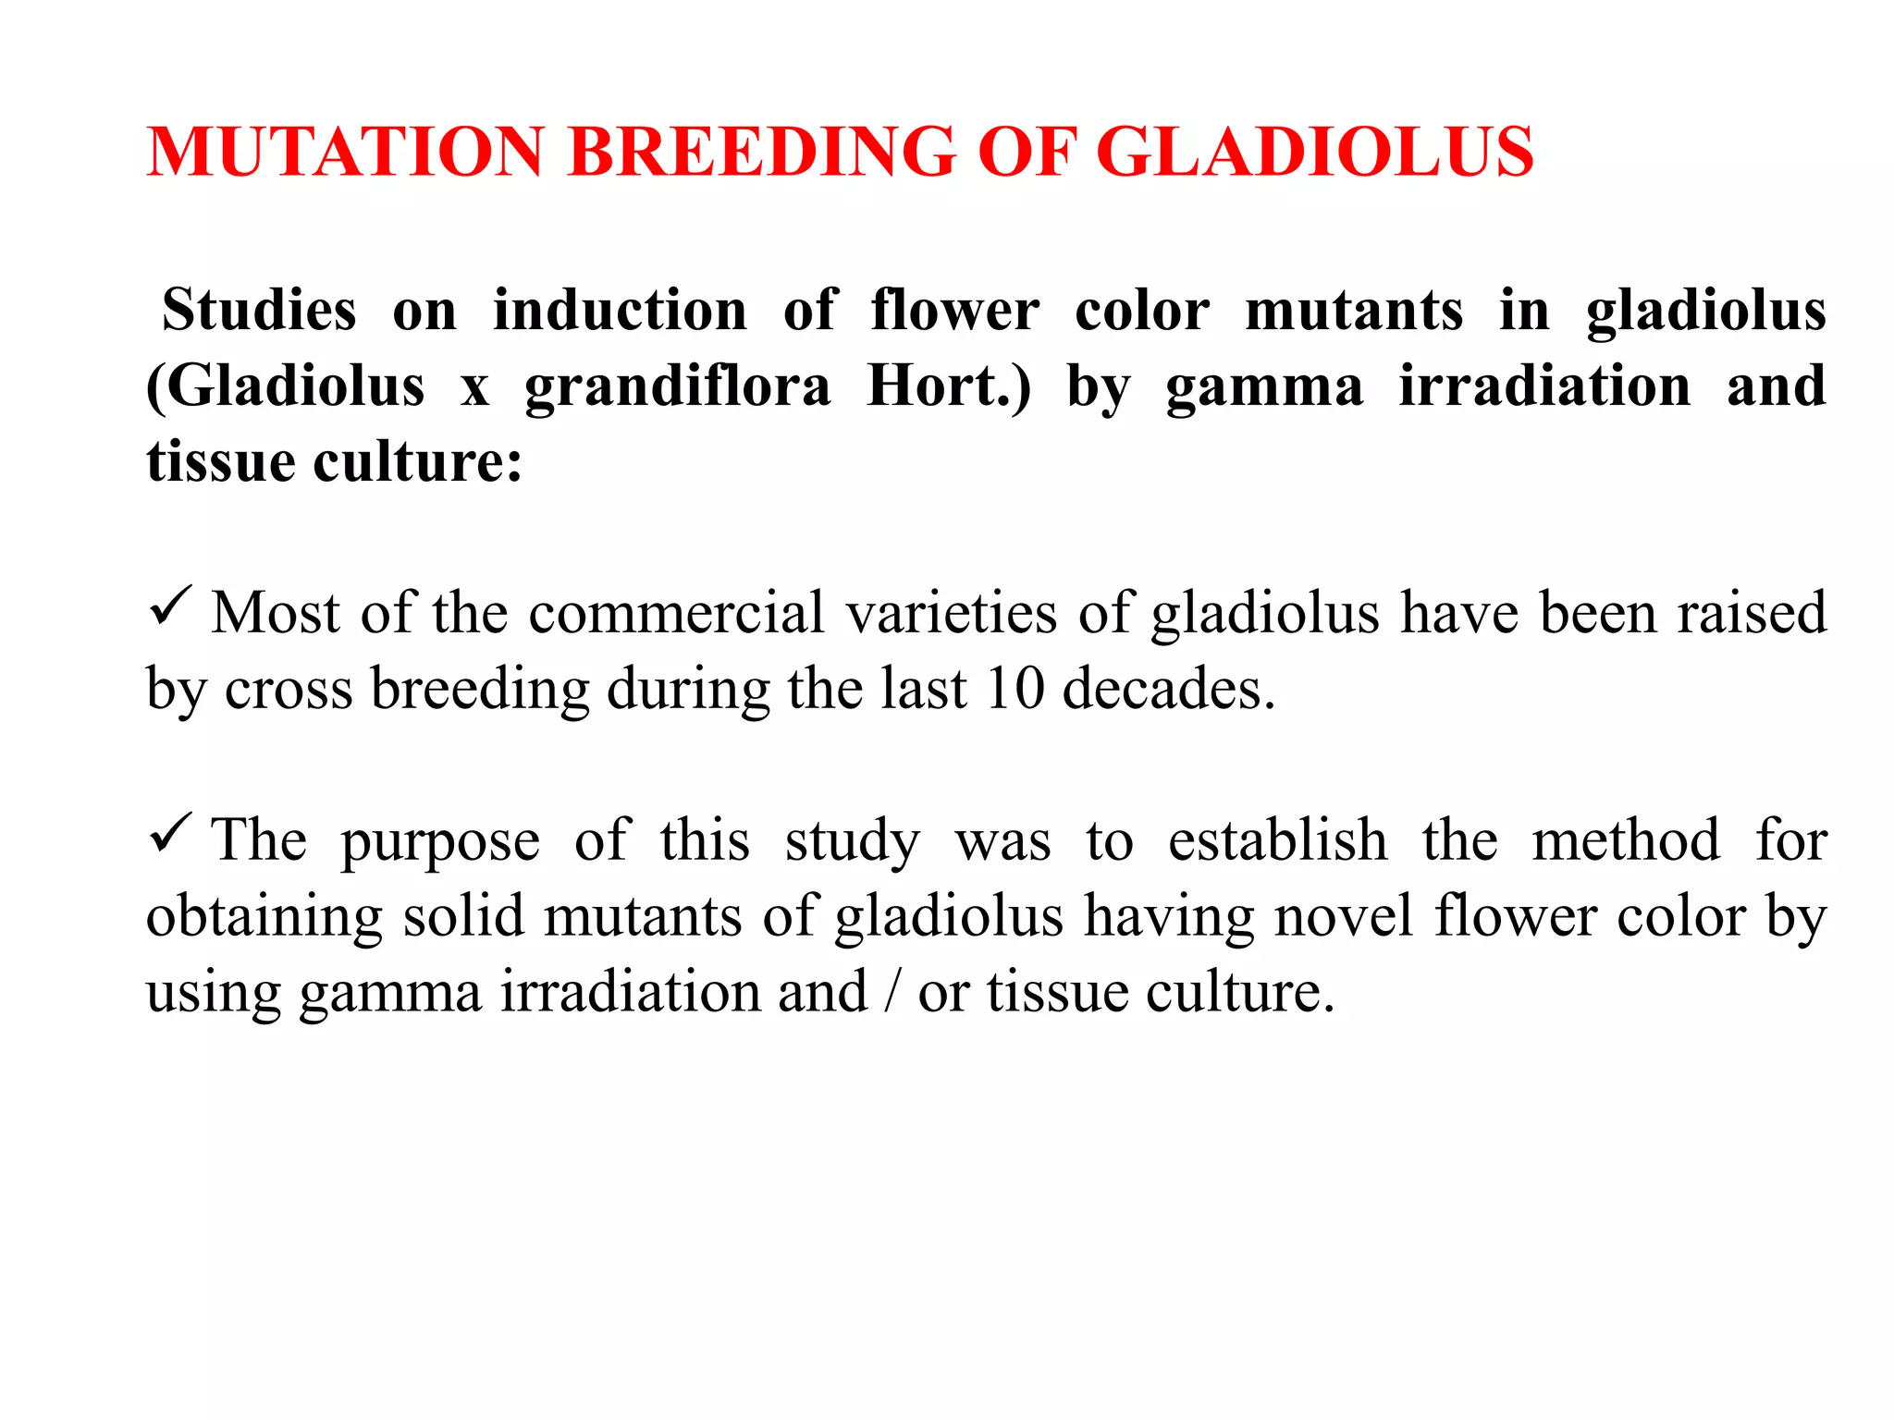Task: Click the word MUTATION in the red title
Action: point(346,152)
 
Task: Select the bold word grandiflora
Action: point(678,386)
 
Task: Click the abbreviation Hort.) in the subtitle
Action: point(949,386)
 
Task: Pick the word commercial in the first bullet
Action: point(676,613)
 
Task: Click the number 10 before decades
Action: point(1015,689)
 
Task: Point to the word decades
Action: point(1169,689)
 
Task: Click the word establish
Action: point(1277,840)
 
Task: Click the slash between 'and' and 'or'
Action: point(892,992)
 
